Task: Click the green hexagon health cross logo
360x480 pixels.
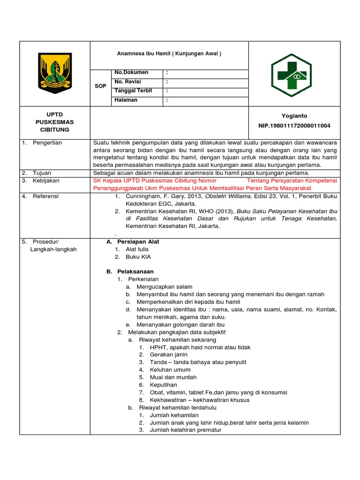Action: pyautogui.click(x=291, y=75)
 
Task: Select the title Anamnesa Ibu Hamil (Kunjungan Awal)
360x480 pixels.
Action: pyautogui.click(x=169, y=53)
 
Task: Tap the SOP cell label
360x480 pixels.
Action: pyautogui.click(x=100, y=86)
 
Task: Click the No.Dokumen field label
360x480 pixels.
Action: pyautogui.click(x=131, y=73)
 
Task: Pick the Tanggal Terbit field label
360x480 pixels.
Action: pyautogui.click(x=134, y=91)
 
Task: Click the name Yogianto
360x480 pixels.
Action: pyautogui.click(x=294, y=116)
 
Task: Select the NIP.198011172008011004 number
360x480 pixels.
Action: pyautogui.click(x=294, y=126)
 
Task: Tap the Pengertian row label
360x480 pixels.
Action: pyautogui.click(x=47, y=142)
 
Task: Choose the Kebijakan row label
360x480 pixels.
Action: pyautogui.click(x=46, y=180)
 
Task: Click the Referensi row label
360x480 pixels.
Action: pyautogui.click(x=46, y=196)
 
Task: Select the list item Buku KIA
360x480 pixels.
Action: pyautogui.click(x=138, y=257)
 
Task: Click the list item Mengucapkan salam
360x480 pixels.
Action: pyautogui.click(x=164, y=287)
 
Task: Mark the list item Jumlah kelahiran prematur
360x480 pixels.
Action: pyautogui.click(x=185, y=430)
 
